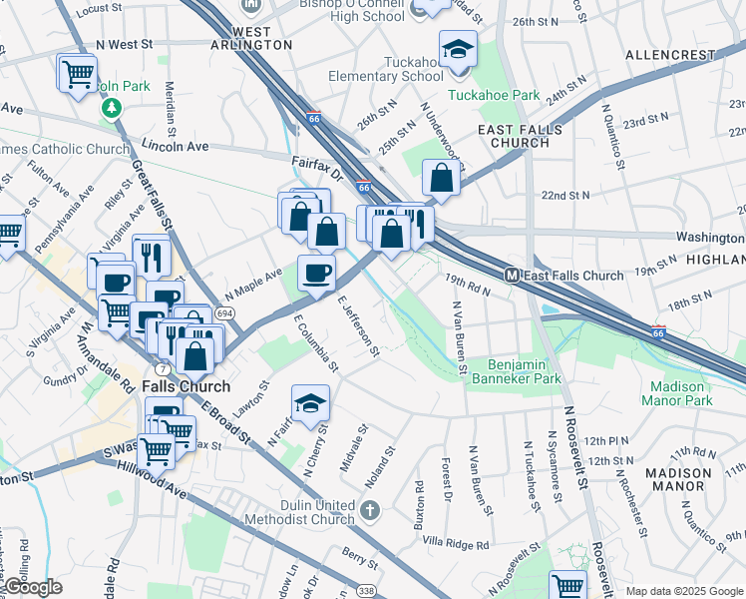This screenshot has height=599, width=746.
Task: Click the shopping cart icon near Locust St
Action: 78,73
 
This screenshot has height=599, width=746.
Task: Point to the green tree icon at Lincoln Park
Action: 114,108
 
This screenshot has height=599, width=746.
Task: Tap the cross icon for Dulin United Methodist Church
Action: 370,512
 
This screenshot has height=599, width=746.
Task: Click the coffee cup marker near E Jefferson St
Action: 317,273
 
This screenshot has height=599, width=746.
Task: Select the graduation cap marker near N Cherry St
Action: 310,403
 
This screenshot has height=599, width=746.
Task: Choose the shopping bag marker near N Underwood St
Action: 440,180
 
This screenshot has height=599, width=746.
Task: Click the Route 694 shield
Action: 226,313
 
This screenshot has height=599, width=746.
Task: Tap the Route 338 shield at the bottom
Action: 366,591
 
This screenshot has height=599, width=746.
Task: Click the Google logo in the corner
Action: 32,587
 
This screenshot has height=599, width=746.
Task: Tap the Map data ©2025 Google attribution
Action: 684,591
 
